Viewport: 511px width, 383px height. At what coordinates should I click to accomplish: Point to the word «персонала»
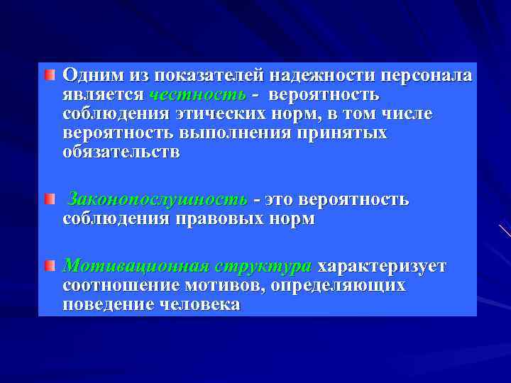(x=428, y=75)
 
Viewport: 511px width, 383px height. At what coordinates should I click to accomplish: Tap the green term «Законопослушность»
(x=157, y=199)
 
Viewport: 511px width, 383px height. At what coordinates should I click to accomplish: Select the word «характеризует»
(x=382, y=266)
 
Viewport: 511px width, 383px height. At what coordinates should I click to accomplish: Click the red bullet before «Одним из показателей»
(x=49, y=74)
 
